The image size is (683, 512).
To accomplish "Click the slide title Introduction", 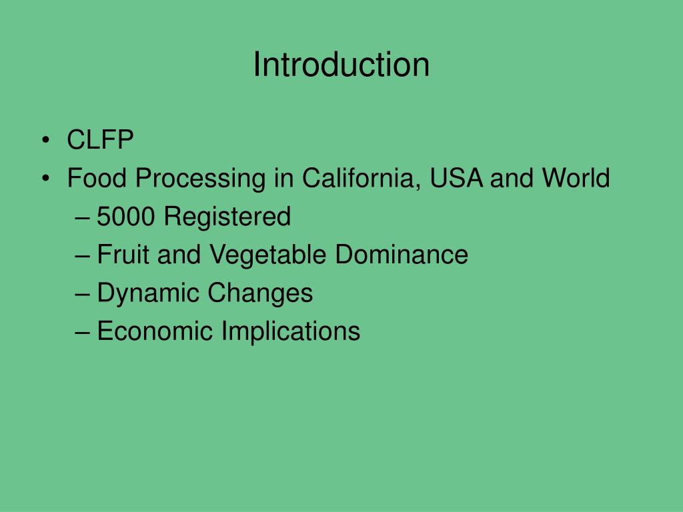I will pyautogui.click(x=341, y=65).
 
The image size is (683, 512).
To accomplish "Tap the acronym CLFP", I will pyautogui.click(x=101, y=141).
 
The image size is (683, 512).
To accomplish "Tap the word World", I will pyautogui.click(x=575, y=179).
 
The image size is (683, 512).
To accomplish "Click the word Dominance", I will pyautogui.click(x=402, y=255).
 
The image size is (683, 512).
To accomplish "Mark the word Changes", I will pyautogui.click(x=261, y=293).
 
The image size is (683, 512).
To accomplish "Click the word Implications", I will pyautogui.click(x=291, y=331).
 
